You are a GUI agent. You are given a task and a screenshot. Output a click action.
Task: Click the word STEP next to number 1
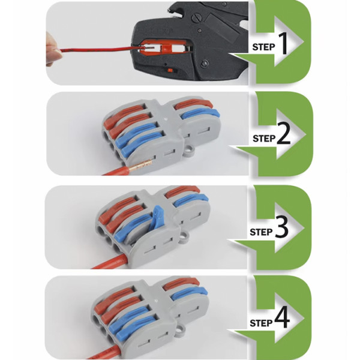click(263, 47)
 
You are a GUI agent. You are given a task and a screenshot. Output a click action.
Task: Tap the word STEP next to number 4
click(261, 323)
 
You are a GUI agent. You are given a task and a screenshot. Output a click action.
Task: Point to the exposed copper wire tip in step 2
click(140, 166)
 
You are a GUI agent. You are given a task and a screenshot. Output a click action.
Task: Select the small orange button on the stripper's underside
click(170, 70)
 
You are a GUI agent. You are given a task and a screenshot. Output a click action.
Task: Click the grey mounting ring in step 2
click(190, 149)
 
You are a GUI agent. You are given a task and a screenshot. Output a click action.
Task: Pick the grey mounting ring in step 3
click(183, 236)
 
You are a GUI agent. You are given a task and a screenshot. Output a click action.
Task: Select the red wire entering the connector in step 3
click(110, 262)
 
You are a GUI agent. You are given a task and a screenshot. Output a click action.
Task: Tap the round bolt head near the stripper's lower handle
click(205, 63)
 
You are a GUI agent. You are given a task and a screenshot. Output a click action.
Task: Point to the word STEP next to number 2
click(264, 139)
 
